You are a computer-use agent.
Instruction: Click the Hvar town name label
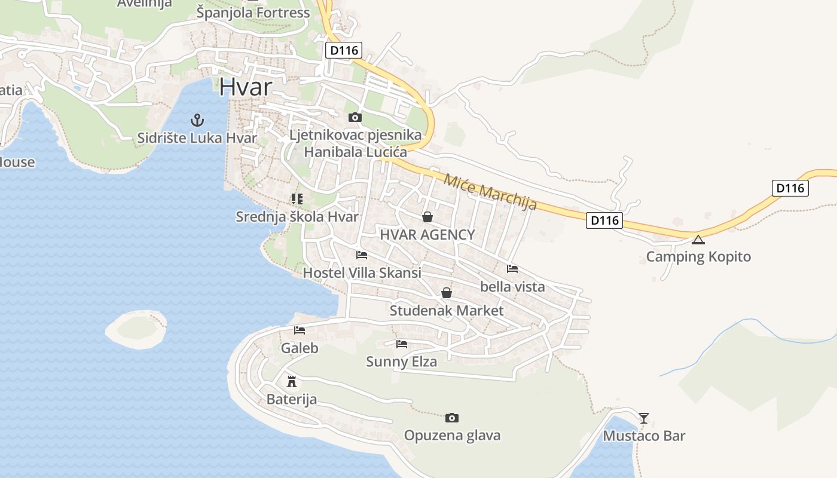click(x=245, y=87)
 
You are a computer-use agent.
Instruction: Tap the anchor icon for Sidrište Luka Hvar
click(x=197, y=120)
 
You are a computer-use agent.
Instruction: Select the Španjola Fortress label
click(x=253, y=13)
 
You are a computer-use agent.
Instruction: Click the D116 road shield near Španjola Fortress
click(x=344, y=50)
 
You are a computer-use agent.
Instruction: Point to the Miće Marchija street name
click(x=490, y=191)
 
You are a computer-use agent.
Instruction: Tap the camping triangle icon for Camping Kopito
click(x=698, y=240)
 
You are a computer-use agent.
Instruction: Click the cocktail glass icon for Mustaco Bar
click(x=644, y=418)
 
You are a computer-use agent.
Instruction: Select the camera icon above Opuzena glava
click(x=452, y=418)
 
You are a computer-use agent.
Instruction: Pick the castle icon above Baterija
click(x=292, y=381)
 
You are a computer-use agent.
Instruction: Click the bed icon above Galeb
click(x=300, y=330)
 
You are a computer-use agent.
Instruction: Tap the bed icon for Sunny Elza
click(x=402, y=344)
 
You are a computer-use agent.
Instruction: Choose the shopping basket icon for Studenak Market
click(x=447, y=293)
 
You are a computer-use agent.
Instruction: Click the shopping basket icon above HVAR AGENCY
click(x=427, y=217)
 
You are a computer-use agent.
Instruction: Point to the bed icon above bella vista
click(x=512, y=269)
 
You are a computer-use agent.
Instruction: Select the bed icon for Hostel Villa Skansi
click(x=362, y=255)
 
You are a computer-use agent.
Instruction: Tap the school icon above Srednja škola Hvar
click(x=297, y=199)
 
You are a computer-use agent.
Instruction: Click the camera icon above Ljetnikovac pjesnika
click(x=355, y=117)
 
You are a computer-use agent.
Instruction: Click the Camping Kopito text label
click(x=698, y=257)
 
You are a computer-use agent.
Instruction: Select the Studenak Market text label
click(x=447, y=311)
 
